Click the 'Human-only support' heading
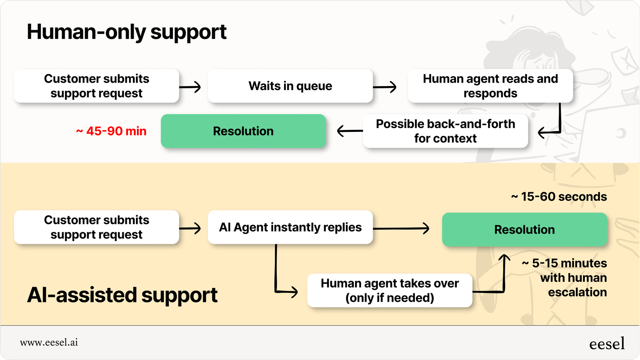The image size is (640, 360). (x=126, y=32)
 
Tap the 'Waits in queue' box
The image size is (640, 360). (x=290, y=86)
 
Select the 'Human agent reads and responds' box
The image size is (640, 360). (x=490, y=86)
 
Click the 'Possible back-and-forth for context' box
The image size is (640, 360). (x=445, y=131)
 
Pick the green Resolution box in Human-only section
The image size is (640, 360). (x=243, y=131)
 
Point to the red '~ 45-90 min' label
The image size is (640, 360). (x=111, y=131)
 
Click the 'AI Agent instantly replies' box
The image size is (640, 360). (x=290, y=227)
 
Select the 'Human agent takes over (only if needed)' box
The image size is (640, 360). (x=389, y=290)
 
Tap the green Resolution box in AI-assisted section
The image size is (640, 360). (x=524, y=230)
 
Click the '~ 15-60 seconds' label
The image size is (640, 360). (x=559, y=197)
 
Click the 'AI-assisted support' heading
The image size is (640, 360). (x=122, y=295)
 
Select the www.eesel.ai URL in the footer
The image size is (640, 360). (x=49, y=342)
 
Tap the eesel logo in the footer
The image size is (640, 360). (x=607, y=344)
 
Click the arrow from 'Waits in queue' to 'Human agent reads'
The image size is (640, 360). (x=384, y=87)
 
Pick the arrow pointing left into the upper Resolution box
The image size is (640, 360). (x=350, y=131)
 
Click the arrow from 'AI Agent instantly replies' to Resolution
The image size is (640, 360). (x=401, y=229)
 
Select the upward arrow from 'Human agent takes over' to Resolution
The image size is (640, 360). (x=504, y=272)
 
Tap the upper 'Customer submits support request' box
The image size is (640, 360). (x=96, y=86)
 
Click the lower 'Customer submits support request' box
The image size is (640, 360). (x=96, y=227)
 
